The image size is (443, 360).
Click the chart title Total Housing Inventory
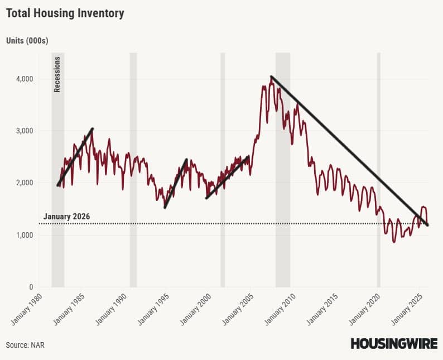[x=65, y=13]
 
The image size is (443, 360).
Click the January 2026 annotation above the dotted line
[x=66, y=217]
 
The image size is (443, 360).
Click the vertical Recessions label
[x=57, y=74]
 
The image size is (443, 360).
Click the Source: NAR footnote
[x=25, y=345]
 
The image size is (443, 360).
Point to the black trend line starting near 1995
[x=176, y=184]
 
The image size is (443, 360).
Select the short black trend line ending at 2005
[x=228, y=177]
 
